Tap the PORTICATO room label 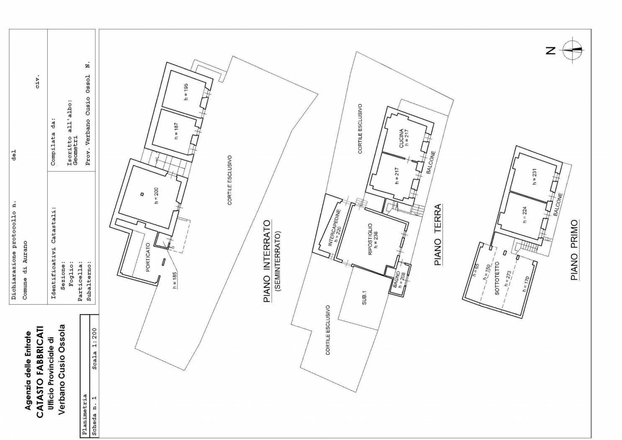148,258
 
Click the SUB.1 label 364,298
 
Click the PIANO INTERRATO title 267,261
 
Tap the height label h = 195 186,92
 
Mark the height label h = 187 177,131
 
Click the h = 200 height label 156,196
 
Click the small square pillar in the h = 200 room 142,194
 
